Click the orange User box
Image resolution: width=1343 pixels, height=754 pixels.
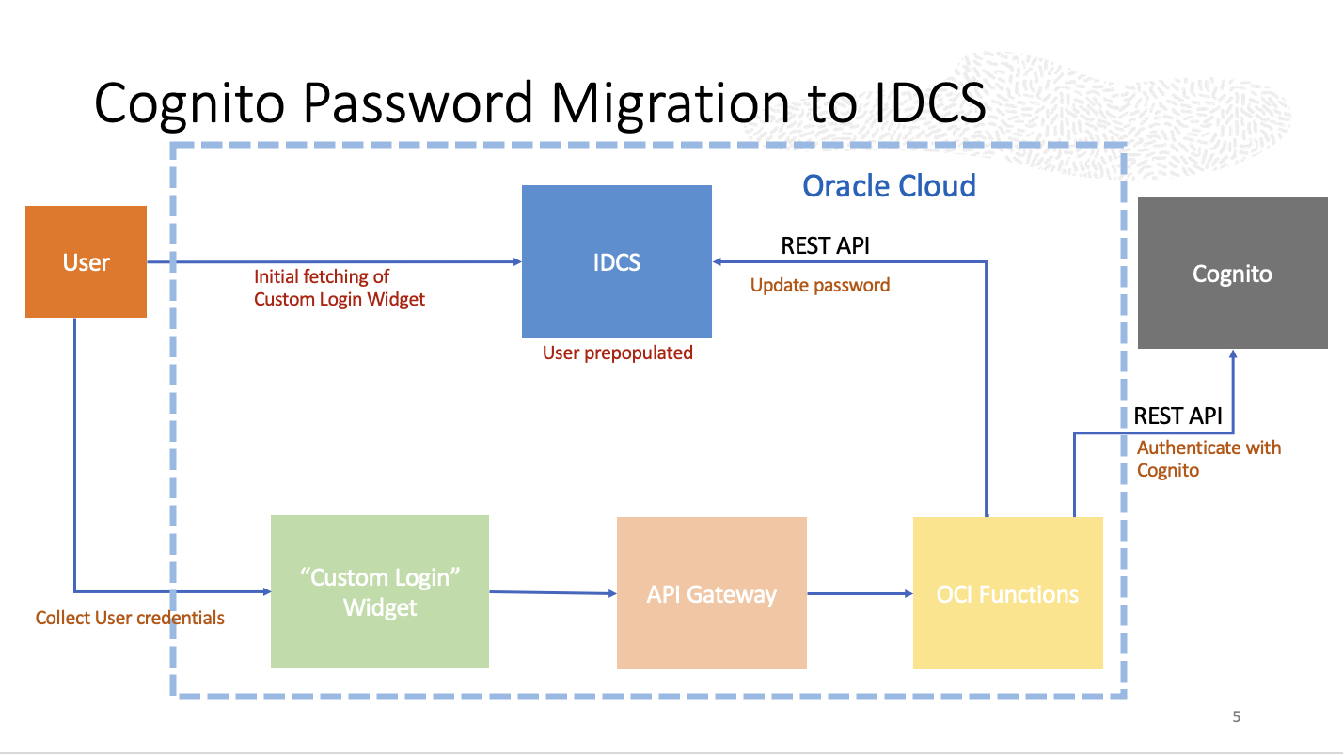tap(86, 261)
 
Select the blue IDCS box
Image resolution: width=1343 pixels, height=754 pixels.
tap(616, 261)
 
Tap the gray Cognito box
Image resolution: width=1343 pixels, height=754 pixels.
tap(1232, 274)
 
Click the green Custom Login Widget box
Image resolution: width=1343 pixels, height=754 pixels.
tap(379, 591)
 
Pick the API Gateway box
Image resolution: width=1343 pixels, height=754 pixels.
tap(711, 593)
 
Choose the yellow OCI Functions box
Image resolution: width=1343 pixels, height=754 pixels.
tap(1007, 593)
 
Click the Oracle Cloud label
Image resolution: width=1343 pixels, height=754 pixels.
tap(889, 185)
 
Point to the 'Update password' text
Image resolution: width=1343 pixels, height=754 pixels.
tap(820, 285)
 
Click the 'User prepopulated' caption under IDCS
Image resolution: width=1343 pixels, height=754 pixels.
tap(617, 353)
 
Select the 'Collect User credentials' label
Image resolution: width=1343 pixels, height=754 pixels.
tap(130, 618)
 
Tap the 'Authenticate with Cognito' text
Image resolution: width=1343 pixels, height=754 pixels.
tap(1209, 459)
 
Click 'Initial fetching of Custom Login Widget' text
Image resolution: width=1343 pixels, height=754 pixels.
tap(340, 288)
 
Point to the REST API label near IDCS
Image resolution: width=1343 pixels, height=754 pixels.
tap(825, 246)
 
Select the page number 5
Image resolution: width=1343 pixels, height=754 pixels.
tap(1236, 717)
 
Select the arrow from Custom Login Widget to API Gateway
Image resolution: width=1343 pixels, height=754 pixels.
tap(552, 592)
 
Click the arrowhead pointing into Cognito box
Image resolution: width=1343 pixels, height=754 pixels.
tap(1232, 354)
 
